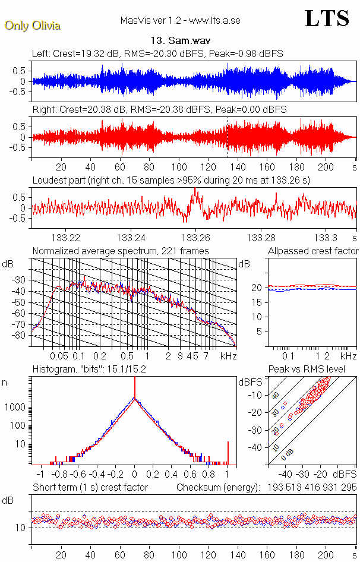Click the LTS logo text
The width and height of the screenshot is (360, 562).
pyautogui.click(x=327, y=19)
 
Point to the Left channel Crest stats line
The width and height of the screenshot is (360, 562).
pyautogui.click(x=157, y=54)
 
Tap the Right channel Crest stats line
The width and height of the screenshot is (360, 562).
pyautogui.click(x=159, y=110)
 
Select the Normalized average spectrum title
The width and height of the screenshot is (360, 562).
pyautogui.click(x=121, y=251)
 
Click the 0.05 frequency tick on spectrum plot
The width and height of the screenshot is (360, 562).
pyautogui.click(x=59, y=356)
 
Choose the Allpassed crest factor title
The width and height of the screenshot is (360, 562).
pyautogui.click(x=313, y=251)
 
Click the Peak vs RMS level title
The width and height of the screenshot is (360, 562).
pyautogui.click(x=312, y=370)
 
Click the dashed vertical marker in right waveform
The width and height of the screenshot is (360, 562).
pyautogui.click(x=228, y=137)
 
